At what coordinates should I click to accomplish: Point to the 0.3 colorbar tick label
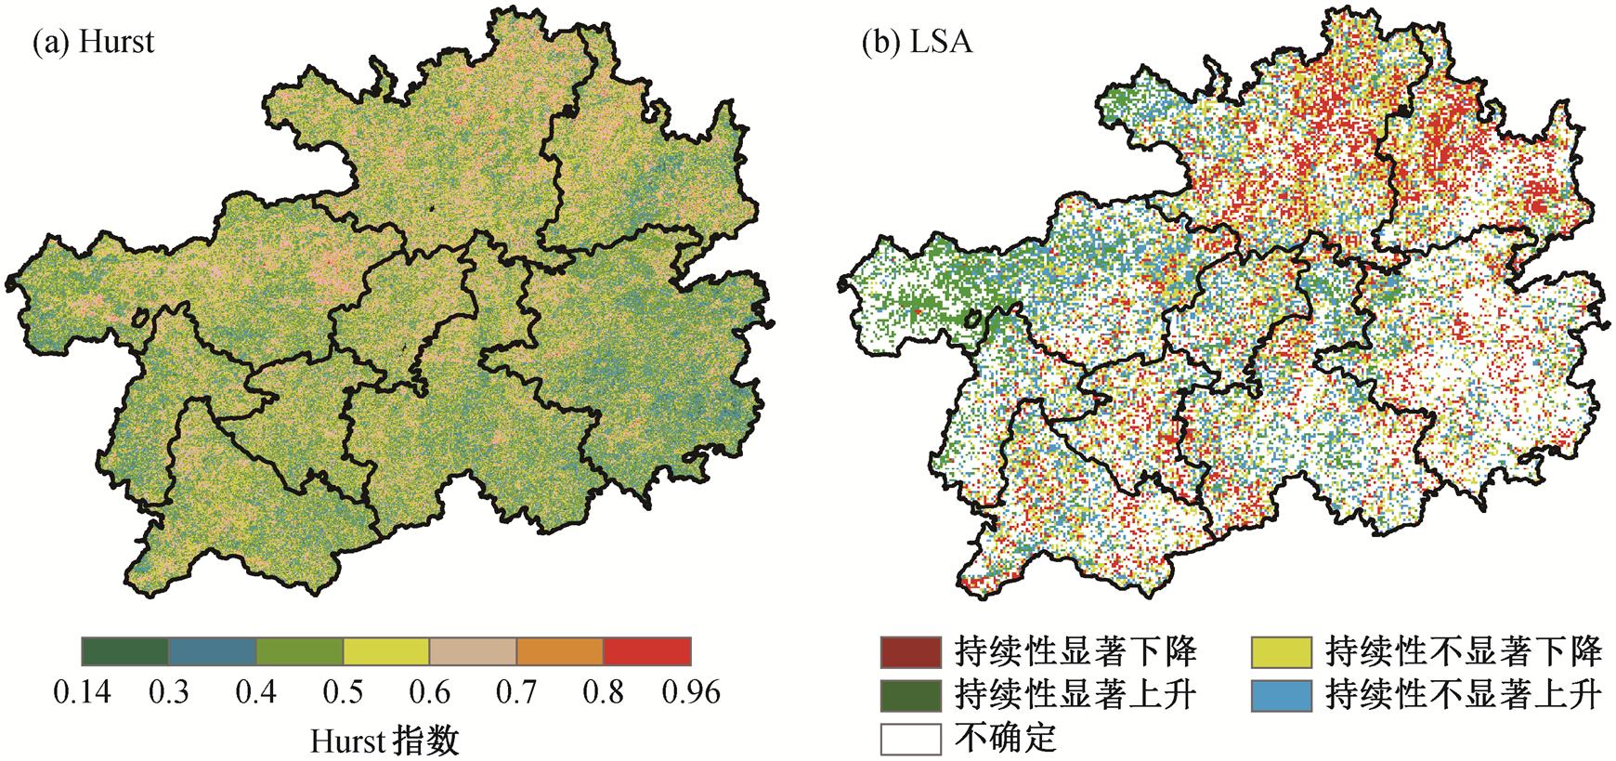tap(169, 692)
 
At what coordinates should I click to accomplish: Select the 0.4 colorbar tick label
tap(255, 692)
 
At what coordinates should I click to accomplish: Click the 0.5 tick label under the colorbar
tap(343, 692)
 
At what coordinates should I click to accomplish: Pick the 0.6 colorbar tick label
tap(429, 692)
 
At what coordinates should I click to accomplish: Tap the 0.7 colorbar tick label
tap(516, 692)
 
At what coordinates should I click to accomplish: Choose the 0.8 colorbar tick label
tap(603, 692)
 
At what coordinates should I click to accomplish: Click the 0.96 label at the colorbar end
tap(691, 692)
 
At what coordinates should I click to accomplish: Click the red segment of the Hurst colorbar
tap(647, 651)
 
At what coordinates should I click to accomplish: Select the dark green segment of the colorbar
tap(125, 651)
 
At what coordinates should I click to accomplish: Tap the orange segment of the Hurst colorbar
tap(560, 651)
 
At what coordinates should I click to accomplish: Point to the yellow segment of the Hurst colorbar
tap(386, 651)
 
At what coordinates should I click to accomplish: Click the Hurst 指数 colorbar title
tap(384, 741)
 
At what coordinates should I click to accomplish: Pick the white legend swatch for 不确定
tap(911, 739)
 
